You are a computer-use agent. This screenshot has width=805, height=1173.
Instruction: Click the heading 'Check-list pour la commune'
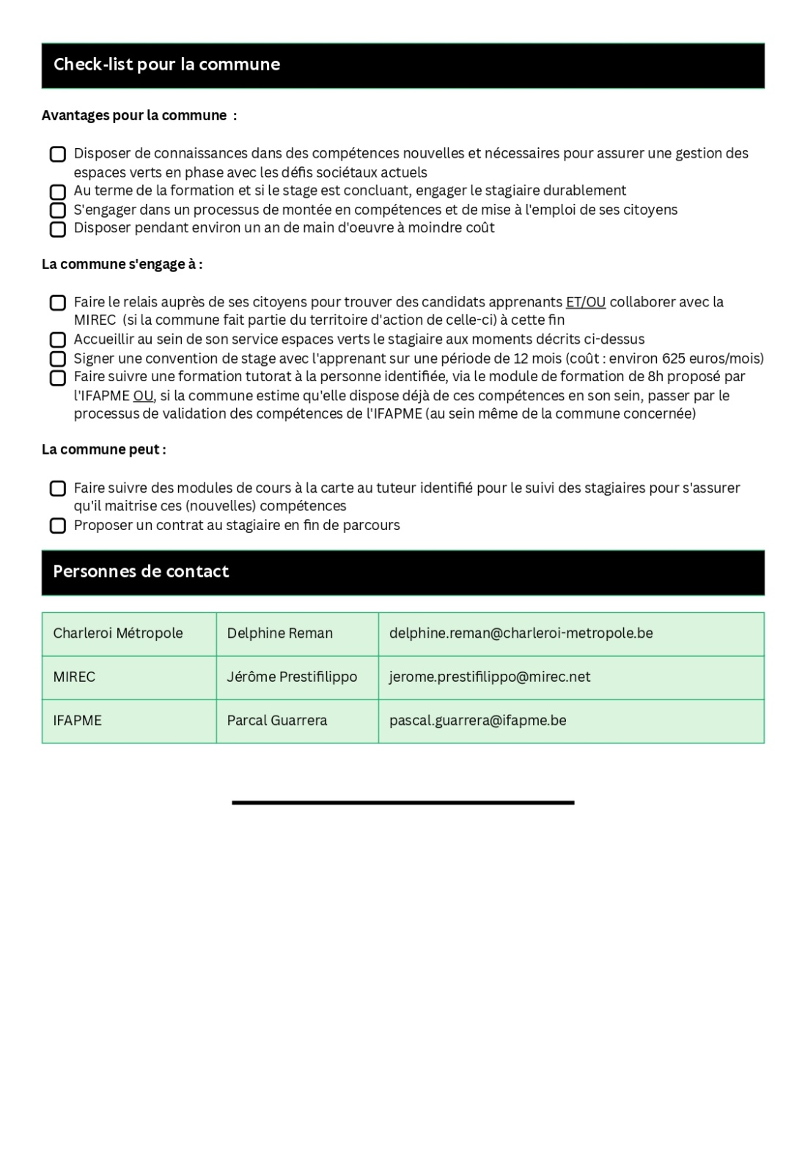click(166, 65)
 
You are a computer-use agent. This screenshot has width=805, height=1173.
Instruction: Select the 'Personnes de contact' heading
click(141, 572)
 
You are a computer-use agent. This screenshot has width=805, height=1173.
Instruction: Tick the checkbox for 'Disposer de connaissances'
click(58, 155)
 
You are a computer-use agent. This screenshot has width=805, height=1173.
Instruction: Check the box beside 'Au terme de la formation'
click(58, 192)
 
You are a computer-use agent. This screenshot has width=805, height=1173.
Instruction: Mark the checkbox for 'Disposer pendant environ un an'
click(58, 229)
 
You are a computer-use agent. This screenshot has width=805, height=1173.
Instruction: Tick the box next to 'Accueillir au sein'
click(58, 340)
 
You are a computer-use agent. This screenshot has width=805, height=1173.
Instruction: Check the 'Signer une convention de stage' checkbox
click(58, 359)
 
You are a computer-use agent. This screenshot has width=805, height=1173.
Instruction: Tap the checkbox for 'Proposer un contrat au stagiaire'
click(58, 526)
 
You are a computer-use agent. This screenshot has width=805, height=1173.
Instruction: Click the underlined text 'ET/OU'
click(585, 302)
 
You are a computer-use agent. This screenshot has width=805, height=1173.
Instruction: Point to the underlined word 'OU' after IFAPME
click(143, 396)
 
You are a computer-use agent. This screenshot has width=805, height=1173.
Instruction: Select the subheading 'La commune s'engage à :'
click(122, 265)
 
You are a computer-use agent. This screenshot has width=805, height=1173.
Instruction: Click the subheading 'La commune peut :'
click(103, 449)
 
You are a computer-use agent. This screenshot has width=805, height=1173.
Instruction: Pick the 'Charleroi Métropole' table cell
click(118, 633)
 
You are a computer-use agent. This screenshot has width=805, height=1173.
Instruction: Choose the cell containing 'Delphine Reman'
click(279, 633)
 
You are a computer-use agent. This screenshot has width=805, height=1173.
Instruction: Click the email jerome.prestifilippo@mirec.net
click(489, 677)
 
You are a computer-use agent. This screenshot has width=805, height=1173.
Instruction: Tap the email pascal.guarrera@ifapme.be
click(477, 721)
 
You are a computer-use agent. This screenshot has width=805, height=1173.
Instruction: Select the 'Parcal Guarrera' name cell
click(276, 721)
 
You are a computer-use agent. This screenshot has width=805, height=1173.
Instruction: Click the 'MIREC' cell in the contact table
click(74, 677)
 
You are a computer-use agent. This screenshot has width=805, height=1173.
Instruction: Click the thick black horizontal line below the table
click(402, 803)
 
